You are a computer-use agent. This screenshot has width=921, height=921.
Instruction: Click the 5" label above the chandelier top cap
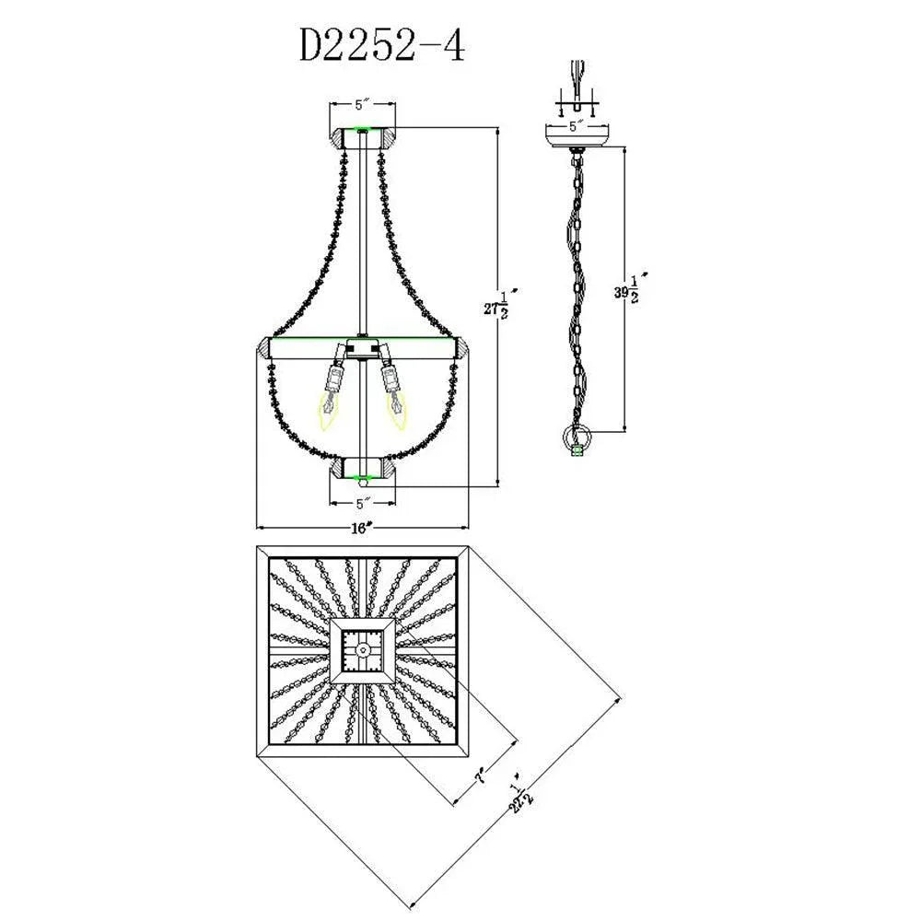tap(363, 105)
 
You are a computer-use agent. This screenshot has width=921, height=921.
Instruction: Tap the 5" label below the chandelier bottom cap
tap(363, 503)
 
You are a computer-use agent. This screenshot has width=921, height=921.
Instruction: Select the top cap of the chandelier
tap(364, 139)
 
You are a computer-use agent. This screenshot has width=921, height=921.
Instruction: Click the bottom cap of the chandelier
tap(364, 469)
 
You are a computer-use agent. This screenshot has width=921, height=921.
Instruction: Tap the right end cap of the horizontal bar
tap(463, 348)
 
